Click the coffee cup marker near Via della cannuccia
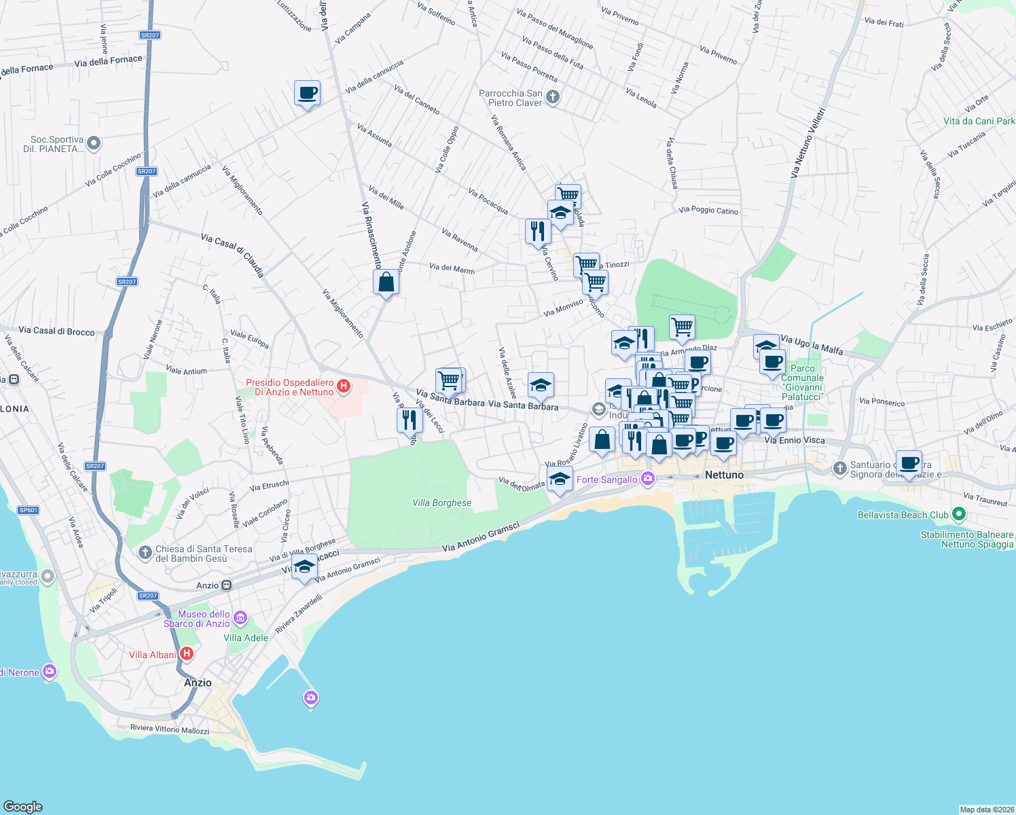307,93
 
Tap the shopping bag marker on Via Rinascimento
386,282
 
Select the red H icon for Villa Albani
187,654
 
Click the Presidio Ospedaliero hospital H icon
344,386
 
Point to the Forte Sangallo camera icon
648,479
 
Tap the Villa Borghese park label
441,503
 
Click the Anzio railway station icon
227,585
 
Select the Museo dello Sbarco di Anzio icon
240,618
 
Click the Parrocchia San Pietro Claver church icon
553,97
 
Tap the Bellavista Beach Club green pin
958,514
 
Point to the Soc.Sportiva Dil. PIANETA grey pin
94,143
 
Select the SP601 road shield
29,510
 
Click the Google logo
22,806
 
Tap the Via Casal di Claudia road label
232,255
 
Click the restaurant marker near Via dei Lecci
409,420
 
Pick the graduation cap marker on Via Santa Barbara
541,385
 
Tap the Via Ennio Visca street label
795,440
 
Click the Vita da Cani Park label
979,121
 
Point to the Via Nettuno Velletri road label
808,143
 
